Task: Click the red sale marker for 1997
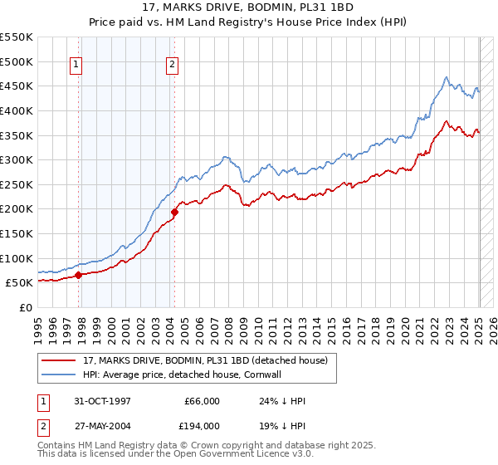(x=78, y=275)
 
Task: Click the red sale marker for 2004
(x=175, y=212)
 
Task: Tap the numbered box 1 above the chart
(x=76, y=65)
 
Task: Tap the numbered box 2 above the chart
(x=172, y=65)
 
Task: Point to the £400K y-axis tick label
(x=17, y=110)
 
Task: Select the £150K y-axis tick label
(x=17, y=233)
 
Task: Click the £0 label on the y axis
(x=26, y=307)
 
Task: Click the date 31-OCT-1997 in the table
(x=102, y=401)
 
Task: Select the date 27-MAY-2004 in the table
(x=103, y=425)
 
